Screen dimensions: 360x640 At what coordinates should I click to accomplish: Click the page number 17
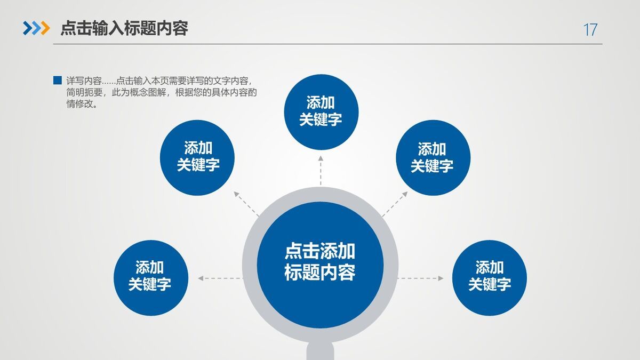click(x=590, y=30)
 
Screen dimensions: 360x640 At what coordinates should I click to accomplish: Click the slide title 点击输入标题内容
click(x=124, y=28)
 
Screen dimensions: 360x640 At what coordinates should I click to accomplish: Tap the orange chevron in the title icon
click(x=45, y=28)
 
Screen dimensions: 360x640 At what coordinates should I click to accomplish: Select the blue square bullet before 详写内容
click(x=58, y=81)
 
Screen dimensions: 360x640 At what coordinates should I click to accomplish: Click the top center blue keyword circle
click(x=321, y=111)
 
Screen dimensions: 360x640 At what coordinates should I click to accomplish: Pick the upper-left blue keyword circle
click(x=198, y=157)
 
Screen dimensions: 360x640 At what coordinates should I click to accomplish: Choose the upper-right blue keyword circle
click(x=433, y=157)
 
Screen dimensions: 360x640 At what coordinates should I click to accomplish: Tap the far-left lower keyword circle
click(x=150, y=277)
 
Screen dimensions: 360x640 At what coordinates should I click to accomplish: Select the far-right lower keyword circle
click(x=489, y=277)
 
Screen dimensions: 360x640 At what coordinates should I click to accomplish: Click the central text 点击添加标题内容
click(x=320, y=262)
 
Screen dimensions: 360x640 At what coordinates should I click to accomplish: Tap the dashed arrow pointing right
click(x=421, y=278)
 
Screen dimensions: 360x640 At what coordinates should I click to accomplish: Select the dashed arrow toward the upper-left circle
click(x=246, y=203)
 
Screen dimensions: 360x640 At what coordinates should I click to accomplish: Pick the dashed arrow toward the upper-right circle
click(x=395, y=203)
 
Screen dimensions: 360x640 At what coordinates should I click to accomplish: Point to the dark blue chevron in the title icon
click(x=28, y=28)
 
